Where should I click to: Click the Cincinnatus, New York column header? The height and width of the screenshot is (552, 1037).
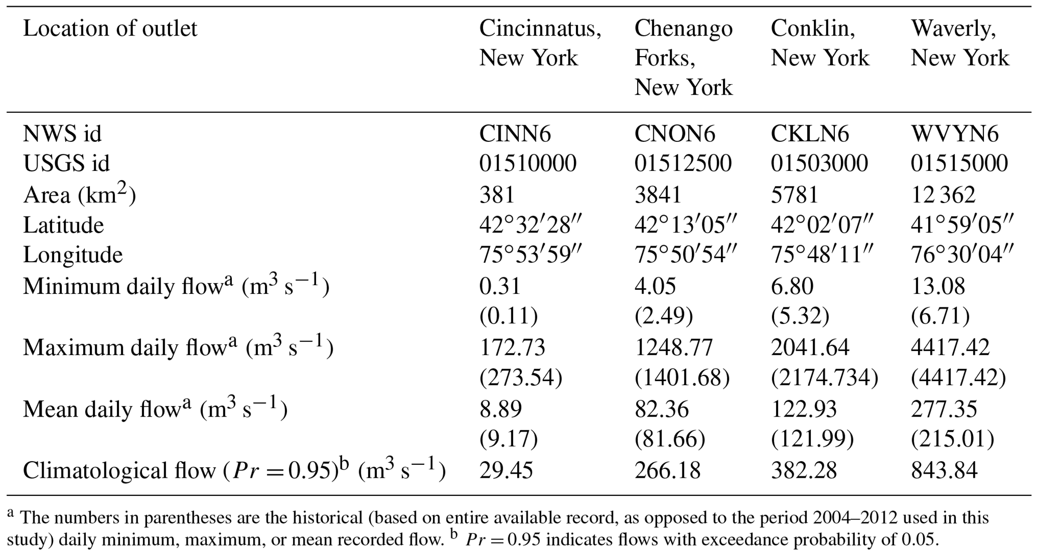(539, 43)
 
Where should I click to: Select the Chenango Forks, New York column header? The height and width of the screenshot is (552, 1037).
(683, 58)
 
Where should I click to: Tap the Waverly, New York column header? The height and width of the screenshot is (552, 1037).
(959, 43)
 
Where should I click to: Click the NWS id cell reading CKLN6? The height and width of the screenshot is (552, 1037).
(809, 134)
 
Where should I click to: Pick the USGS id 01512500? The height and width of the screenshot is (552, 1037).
(683, 163)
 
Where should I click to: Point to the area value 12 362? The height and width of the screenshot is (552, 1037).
(943, 195)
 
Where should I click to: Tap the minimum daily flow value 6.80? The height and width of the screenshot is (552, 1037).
(792, 286)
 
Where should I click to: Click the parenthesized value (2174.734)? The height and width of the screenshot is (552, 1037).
(824, 378)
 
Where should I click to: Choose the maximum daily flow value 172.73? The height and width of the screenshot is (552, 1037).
(512, 347)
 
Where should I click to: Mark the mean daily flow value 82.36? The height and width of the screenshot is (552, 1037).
(661, 409)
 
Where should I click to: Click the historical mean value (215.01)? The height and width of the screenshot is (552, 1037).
(952, 440)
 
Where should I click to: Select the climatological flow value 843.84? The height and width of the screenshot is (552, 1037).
(944, 470)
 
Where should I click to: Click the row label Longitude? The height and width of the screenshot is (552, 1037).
(73, 255)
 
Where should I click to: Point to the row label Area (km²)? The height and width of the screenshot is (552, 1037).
(79, 195)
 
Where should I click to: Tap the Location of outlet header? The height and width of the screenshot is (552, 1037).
(110, 29)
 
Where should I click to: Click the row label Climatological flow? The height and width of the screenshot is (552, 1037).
(118, 471)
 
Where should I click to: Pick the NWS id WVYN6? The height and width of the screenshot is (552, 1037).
(954, 134)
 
